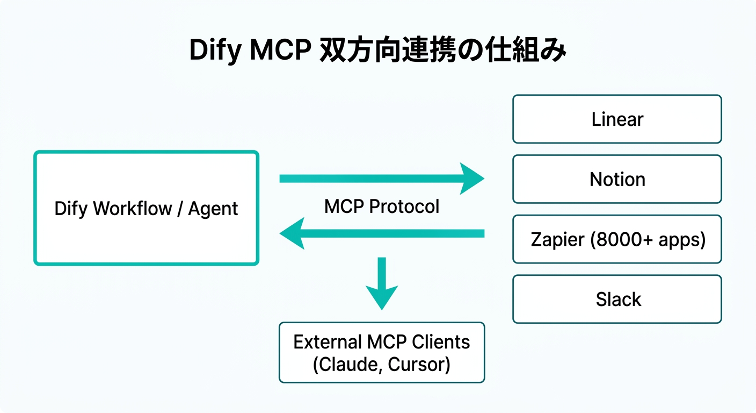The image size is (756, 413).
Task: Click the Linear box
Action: click(x=617, y=119)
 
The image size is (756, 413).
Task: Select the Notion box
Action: click(x=617, y=179)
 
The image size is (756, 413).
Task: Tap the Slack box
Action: click(x=617, y=299)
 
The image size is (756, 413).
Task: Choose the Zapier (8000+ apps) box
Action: click(x=617, y=239)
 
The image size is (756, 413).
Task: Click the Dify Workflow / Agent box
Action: click(x=146, y=208)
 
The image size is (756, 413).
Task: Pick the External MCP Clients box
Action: click(x=381, y=352)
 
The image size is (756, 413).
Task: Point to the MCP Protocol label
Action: click(x=381, y=206)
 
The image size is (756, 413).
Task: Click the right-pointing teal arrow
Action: click(x=381, y=179)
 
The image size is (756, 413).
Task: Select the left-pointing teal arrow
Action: click(x=381, y=233)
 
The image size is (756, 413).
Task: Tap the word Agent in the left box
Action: click(x=213, y=209)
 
